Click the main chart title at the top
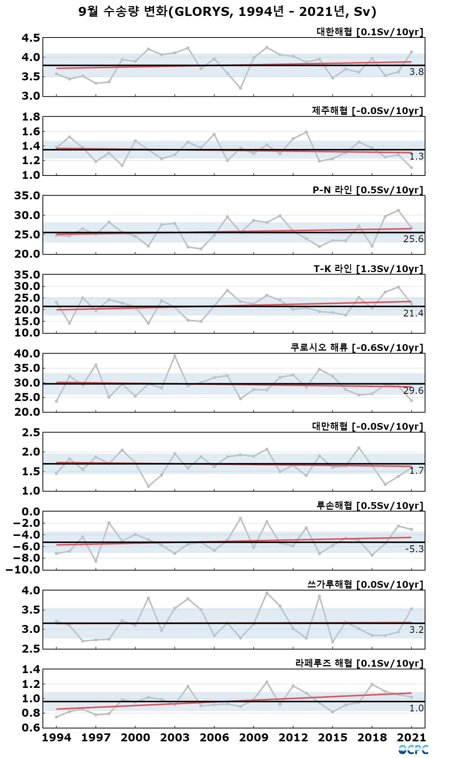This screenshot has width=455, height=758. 227,12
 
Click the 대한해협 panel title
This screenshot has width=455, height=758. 370,32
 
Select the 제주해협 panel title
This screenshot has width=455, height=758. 367,111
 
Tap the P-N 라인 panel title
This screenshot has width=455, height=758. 368,190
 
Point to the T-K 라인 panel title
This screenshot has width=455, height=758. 368,269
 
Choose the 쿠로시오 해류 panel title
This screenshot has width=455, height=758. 357,348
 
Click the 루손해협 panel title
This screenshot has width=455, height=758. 370,506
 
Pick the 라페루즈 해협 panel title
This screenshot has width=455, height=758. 359,663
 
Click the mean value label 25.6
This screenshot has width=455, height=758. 413,239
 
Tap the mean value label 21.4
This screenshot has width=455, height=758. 413,313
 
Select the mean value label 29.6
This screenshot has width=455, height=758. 413,390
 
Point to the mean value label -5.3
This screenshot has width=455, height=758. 414,549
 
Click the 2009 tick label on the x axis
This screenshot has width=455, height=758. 254,738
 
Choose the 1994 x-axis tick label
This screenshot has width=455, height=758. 56,738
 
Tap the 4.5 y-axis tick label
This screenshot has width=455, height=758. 31,38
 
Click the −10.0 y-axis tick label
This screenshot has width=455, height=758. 24,570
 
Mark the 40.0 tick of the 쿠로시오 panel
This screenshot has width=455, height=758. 27,354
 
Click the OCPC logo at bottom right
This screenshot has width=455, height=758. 413,750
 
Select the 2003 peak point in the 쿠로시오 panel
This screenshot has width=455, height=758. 175,356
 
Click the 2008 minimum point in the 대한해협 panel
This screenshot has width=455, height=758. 240,88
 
